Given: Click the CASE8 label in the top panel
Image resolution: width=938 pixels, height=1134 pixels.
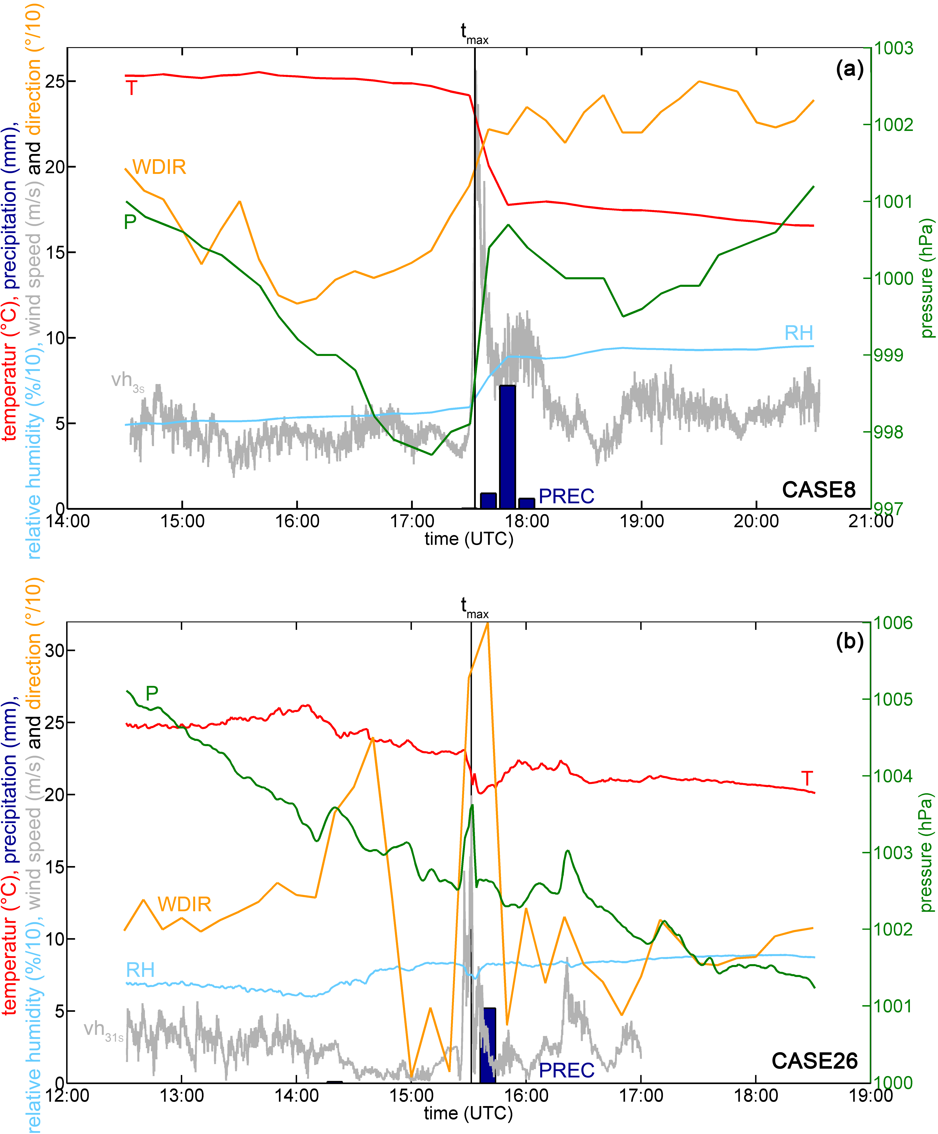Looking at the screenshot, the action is pos(819,490).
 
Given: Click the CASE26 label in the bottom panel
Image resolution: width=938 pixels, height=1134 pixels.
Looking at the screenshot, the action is pos(814,1061).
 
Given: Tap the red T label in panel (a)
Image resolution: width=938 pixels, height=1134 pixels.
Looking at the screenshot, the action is pos(131,87).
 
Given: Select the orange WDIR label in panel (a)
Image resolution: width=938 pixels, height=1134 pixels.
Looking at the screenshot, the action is pos(159,167).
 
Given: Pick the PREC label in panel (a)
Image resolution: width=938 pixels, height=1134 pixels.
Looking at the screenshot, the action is pos(566,496).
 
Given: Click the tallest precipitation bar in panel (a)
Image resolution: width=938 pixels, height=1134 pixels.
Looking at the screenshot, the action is pos(507,447).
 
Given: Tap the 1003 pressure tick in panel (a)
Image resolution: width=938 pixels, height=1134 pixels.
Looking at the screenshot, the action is pos(894,48).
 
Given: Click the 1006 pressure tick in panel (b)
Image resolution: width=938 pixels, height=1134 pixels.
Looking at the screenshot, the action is pos(894,623).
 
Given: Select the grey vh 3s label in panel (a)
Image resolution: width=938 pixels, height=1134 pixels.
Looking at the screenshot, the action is pos(128,381).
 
